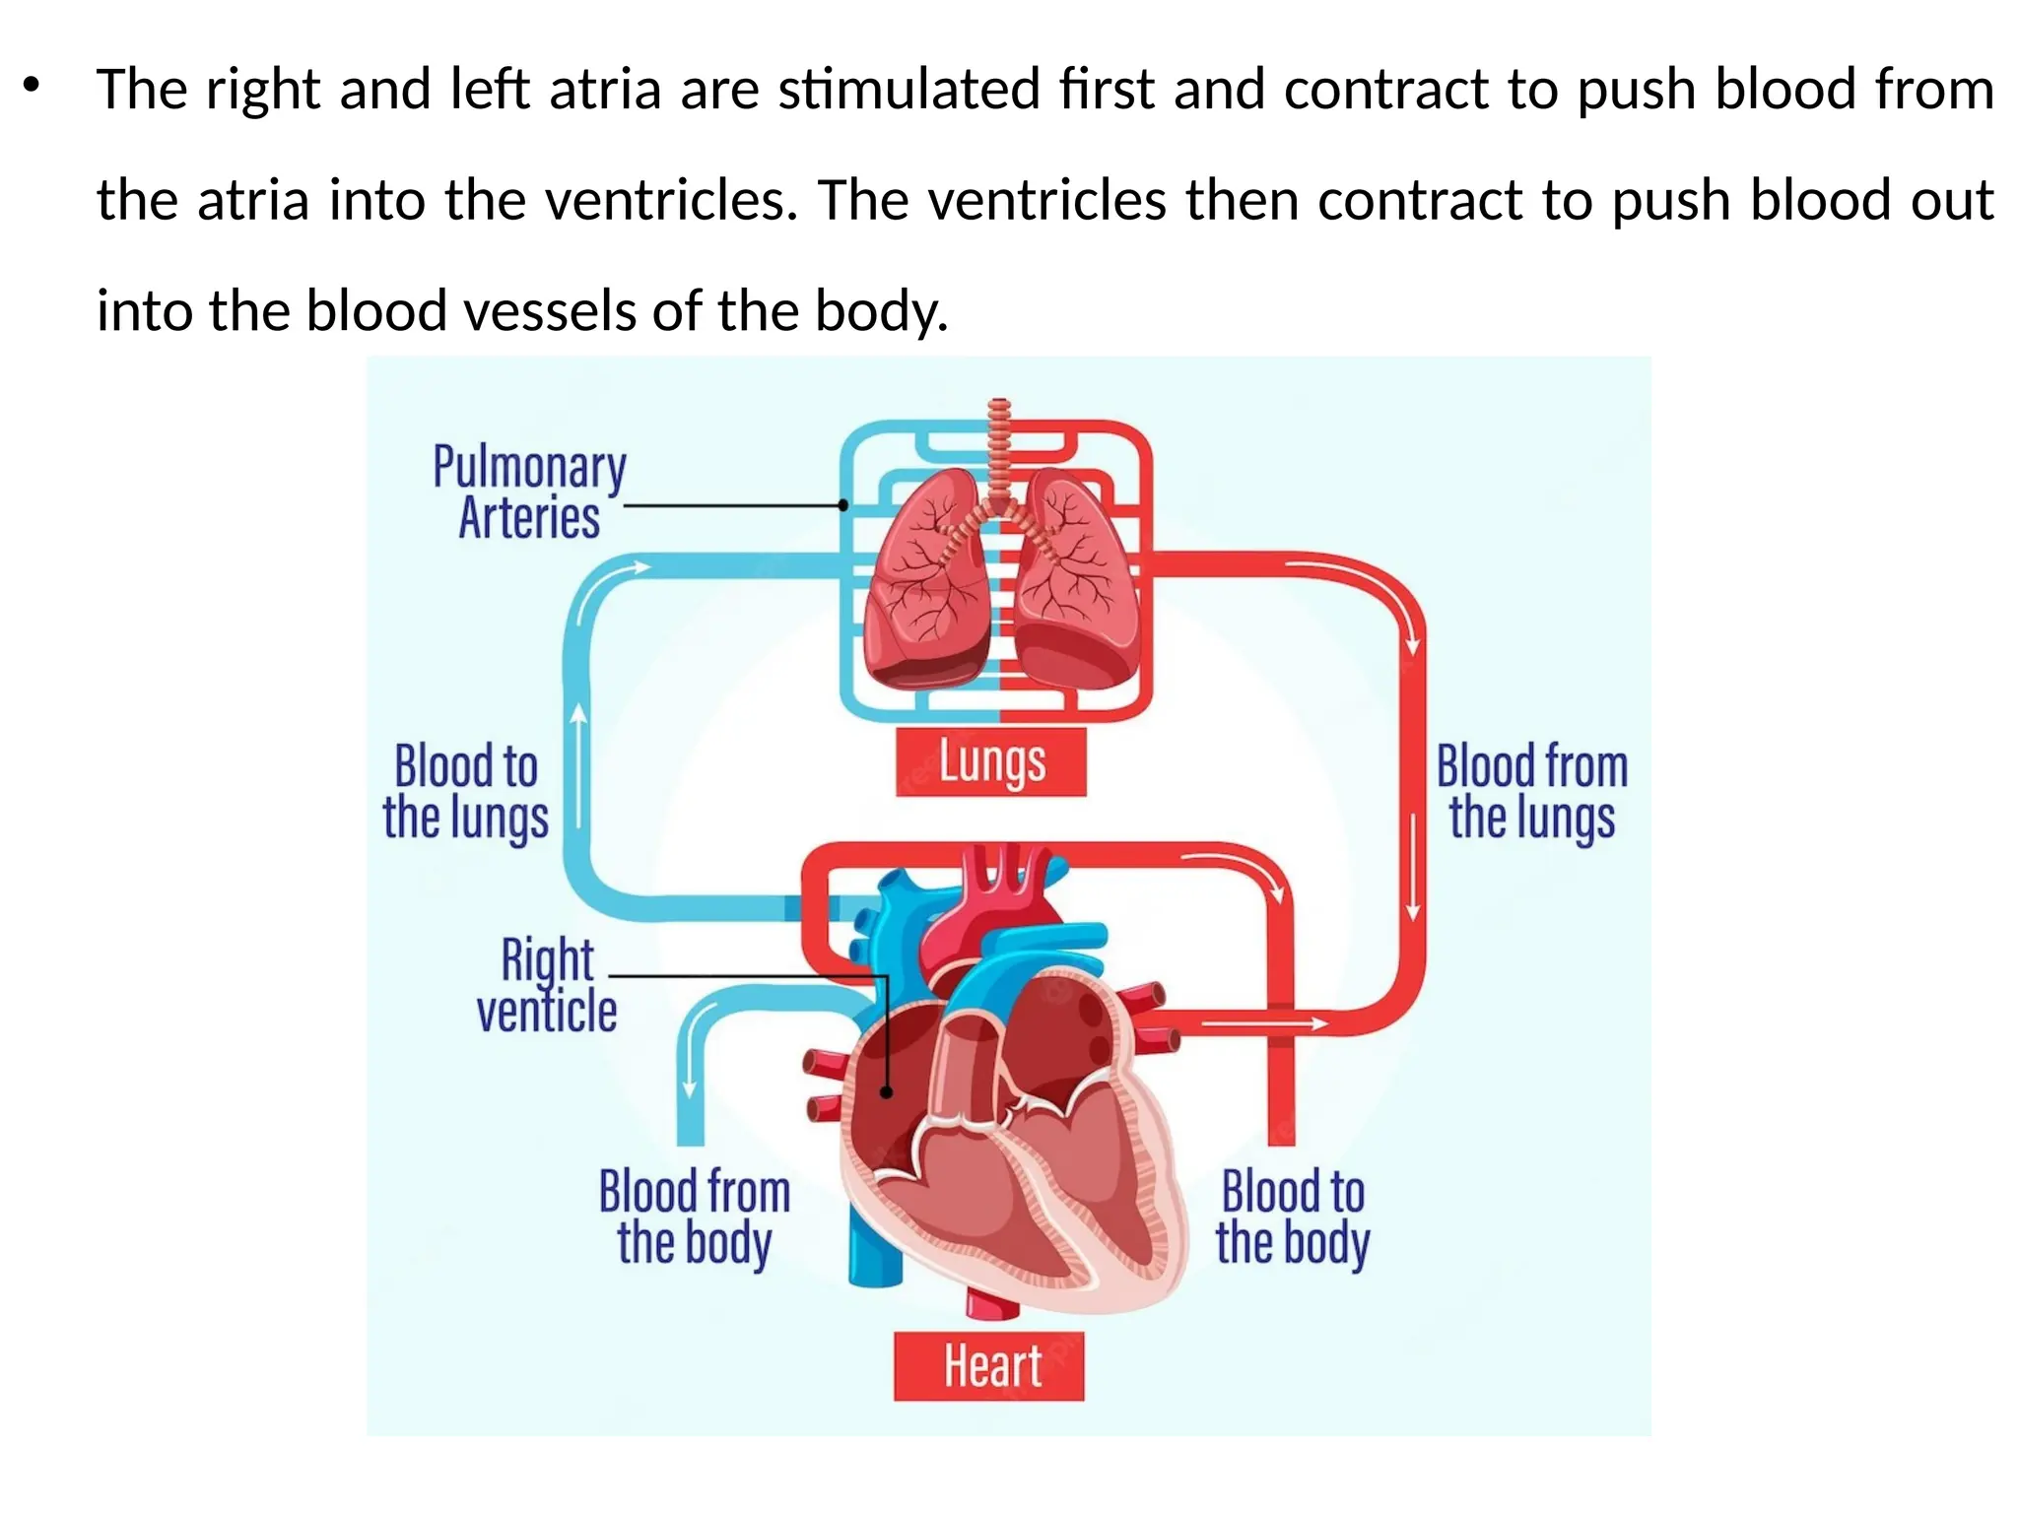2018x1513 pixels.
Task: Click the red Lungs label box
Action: pyautogui.click(x=990, y=761)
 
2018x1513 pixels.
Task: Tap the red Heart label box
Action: pyautogui.click(x=988, y=1366)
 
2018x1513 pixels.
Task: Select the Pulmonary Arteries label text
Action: pyautogui.click(x=529, y=492)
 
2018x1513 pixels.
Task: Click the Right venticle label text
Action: pyautogui.click(x=547, y=986)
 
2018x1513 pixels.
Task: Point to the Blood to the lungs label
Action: pyautogui.click(x=465, y=792)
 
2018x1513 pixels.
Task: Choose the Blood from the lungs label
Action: pyautogui.click(x=1531, y=792)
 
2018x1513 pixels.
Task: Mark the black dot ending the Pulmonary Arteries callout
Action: pyautogui.click(x=842, y=505)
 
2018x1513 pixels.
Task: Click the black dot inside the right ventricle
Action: pyautogui.click(x=886, y=1092)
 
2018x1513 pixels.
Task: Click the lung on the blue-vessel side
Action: pyautogui.click(x=926, y=581)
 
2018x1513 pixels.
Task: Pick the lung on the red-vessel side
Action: pyautogui.click(x=1076, y=581)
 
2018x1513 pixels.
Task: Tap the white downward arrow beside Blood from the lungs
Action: pyautogui.click(x=1412, y=867)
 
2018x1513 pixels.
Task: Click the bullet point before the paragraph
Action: pyautogui.click(x=33, y=87)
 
